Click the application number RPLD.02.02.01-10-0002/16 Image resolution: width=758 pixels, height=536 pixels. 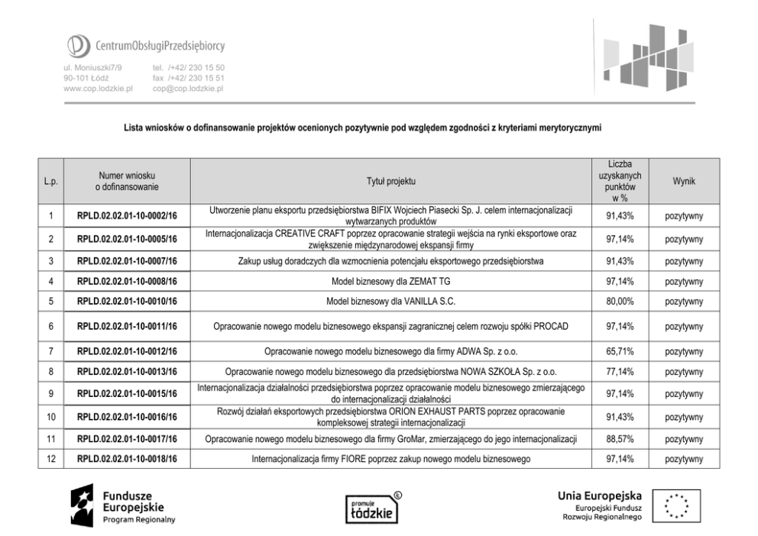(x=127, y=217)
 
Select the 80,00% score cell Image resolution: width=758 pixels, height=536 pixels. (x=619, y=302)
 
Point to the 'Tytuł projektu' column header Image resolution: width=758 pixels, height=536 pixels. (x=390, y=181)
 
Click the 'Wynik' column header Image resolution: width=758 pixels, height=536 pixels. (x=684, y=181)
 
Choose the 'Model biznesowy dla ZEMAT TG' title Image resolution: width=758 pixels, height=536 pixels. (x=390, y=282)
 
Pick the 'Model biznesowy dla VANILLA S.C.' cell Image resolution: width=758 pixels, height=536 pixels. (x=390, y=302)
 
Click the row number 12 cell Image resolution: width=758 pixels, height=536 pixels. (x=50, y=459)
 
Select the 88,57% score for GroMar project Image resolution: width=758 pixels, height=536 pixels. (x=619, y=439)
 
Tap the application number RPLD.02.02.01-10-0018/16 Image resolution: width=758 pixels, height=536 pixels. (x=127, y=460)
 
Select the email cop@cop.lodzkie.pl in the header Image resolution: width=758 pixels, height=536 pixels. (x=187, y=89)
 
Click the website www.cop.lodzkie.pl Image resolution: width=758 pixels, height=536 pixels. (x=99, y=89)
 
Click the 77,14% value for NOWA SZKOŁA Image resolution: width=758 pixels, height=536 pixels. (x=619, y=372)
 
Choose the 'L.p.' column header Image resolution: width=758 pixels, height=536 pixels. (x=50, y=181)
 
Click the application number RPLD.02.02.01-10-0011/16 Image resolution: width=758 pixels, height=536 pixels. (x=127, y=327)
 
